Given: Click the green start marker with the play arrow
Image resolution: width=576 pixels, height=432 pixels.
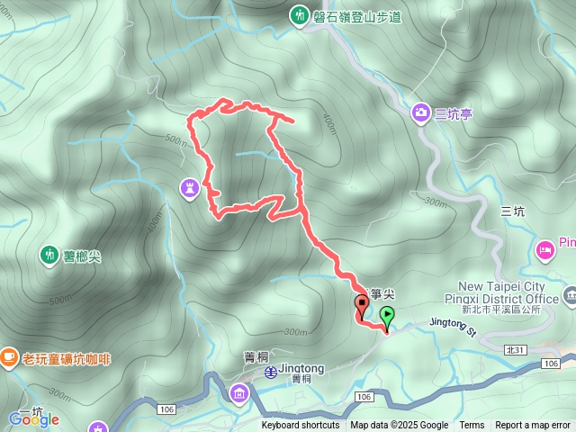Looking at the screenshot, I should tap(388, 316).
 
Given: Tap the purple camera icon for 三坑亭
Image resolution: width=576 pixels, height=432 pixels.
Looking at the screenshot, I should tap(420, 112).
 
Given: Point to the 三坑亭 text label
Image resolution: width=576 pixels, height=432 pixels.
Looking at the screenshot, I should tap(454, 113).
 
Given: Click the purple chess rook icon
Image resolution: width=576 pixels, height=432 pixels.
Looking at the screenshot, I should tap(189, 188).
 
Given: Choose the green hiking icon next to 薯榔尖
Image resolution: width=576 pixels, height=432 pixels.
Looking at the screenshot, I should tap(48, 256).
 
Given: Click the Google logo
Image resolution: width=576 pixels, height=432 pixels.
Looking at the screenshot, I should tap(33, 419).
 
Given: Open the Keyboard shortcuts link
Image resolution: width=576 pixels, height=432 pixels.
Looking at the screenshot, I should tap(301, 426).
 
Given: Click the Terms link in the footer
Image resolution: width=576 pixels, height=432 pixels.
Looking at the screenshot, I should tap(472, 426).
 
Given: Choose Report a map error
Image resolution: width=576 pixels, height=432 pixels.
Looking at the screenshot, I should tap(533, 426).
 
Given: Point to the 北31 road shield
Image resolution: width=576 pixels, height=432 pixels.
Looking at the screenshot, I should tap(515, 350).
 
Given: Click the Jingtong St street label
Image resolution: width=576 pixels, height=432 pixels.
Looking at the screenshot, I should tap(452, 325).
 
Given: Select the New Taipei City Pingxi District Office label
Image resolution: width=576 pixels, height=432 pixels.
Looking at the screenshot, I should tap(501, 298).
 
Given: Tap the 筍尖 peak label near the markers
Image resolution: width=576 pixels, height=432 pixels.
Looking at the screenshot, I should tap(382, 293).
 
